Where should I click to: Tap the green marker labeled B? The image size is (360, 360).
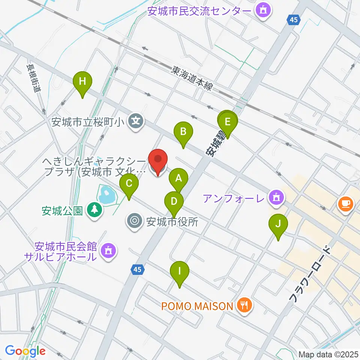[x=183, y=132]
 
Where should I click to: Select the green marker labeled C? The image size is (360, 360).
[x=129, y=184]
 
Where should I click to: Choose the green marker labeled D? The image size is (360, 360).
[x=174, y=202]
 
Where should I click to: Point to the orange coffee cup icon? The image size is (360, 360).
[x=345, y=204]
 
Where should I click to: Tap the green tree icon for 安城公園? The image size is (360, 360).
[x=94, y=210]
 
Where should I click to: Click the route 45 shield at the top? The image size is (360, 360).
[x=294, y=20]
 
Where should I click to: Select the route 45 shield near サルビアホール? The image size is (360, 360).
[x=138, y=269]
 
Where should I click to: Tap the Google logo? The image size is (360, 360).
[x=25, y=351]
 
